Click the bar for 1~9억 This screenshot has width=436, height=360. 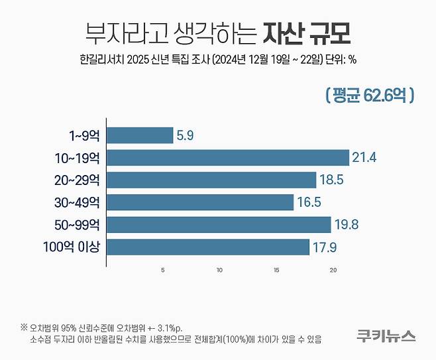click(140, 135)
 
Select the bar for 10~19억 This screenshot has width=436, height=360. click(228, 158)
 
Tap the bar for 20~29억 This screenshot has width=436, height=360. click(211, 180)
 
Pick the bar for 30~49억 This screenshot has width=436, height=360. click(200, 202)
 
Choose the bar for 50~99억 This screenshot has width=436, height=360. click(219, 225)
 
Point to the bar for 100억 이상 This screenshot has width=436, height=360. click(208, 247)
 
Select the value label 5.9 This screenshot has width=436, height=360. click(186, 136)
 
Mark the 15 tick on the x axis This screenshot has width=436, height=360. click(276, 270)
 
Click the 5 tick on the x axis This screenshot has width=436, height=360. click(163, 270)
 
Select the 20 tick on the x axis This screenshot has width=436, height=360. click(333, 270)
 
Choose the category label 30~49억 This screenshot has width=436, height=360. click(78, 203)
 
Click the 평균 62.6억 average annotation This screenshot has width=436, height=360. click(370, 95)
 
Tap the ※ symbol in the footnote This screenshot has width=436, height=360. click(25, 328)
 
